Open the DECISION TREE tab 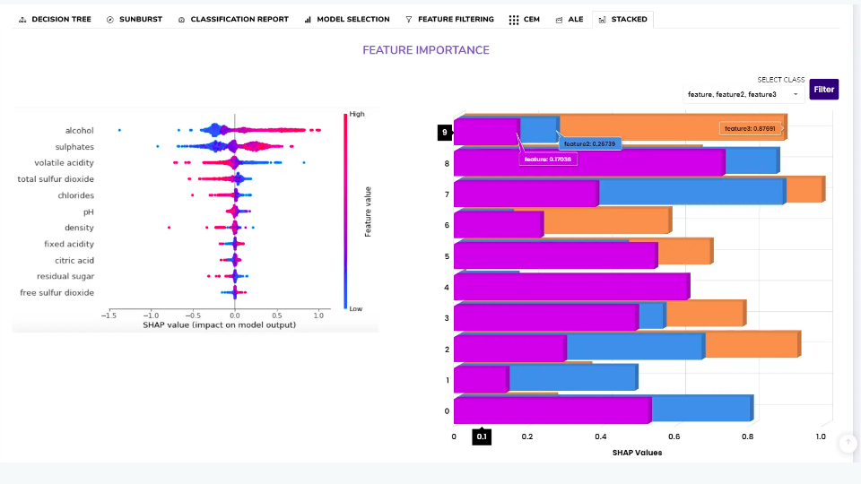(x=55, y=19)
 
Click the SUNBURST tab (x=135, y=19)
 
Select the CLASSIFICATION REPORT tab (x=233, y=19)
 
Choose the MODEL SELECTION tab (x=347, y=19)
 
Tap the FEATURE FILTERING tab (x=449, y=19)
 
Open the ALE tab (x=570, y=19)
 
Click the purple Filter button (x=823, y=90)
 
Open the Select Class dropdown (x=743, y=93)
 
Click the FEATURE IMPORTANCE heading (x=426, y=50)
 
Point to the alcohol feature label (x=79, y=131)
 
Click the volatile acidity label (x=64, y=163)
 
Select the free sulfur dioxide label (x=57, y=293)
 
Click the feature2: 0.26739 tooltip (x=590, y=143)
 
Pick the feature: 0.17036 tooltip (x=549, y=159)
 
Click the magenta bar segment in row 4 (x=570, y=287)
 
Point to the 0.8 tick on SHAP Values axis (x=748, y=436)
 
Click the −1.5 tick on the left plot (x=107, y=315)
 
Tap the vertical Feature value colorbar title (x=369, y=212)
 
